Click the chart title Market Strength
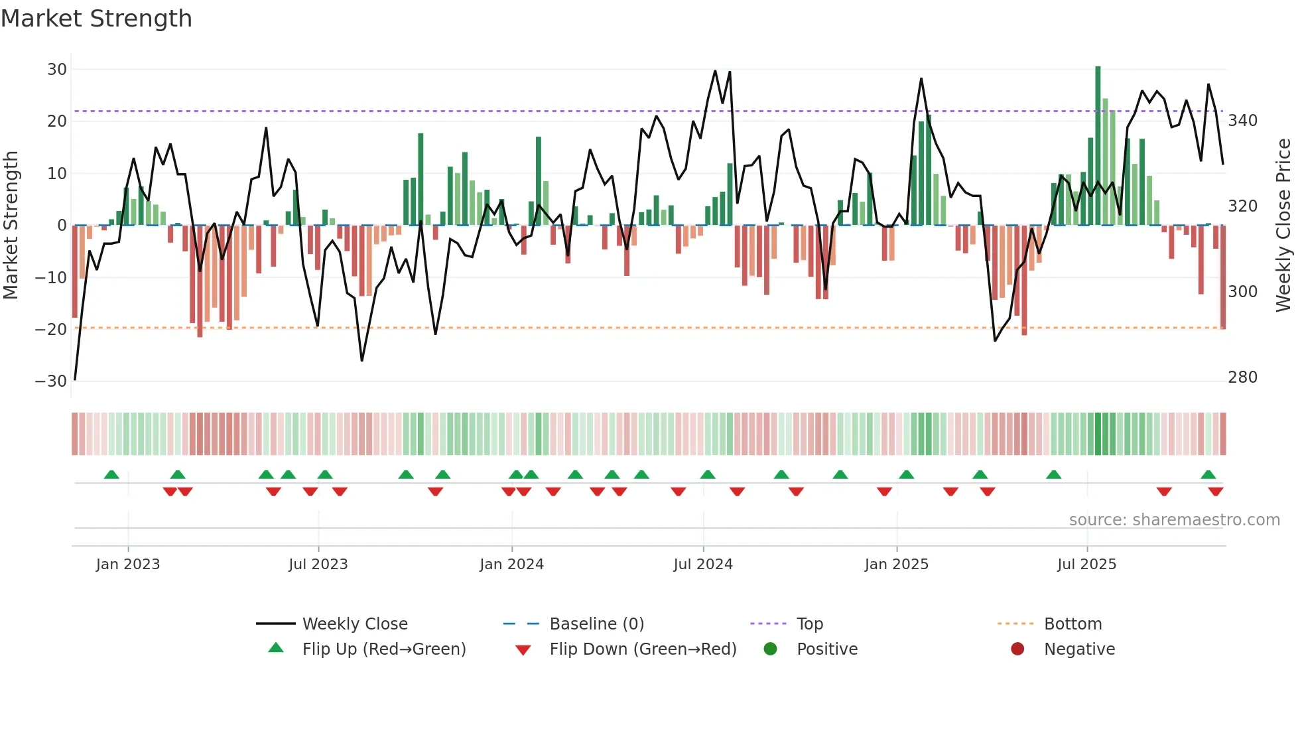coord(96,19)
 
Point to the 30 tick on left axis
coord(57,70)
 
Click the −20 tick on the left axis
coord(51,330)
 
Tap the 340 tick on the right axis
coord(1242,121)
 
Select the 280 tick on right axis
coord(1242,377)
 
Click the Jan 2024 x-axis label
coord(511,565)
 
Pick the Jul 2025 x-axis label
coord(1086,565)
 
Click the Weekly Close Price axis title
coord(1283,226)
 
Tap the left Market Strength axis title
coord(11,226)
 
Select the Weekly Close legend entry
coord(354,624)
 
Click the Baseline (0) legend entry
coord(596,624)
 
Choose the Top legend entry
coord(809,624)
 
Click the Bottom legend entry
coord(1072,624)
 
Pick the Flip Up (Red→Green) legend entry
coord(383,649)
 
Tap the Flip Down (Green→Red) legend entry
coord(642,649)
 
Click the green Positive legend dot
coord(770,649)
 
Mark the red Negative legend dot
coord(1017,649)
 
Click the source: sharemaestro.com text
coord(1174,520)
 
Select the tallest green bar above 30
coord(1098,146)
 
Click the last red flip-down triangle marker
coord(1215,492)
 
